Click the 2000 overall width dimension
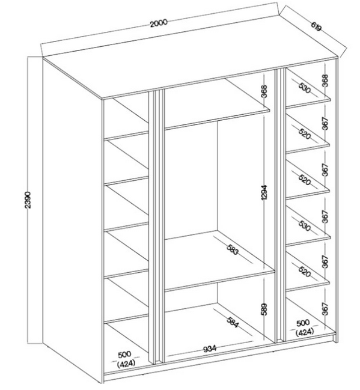[158, 23]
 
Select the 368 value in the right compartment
[325, 82]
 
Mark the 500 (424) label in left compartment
[126, 358]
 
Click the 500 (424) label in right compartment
[302, 328]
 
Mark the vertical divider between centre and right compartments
[278, 204]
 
